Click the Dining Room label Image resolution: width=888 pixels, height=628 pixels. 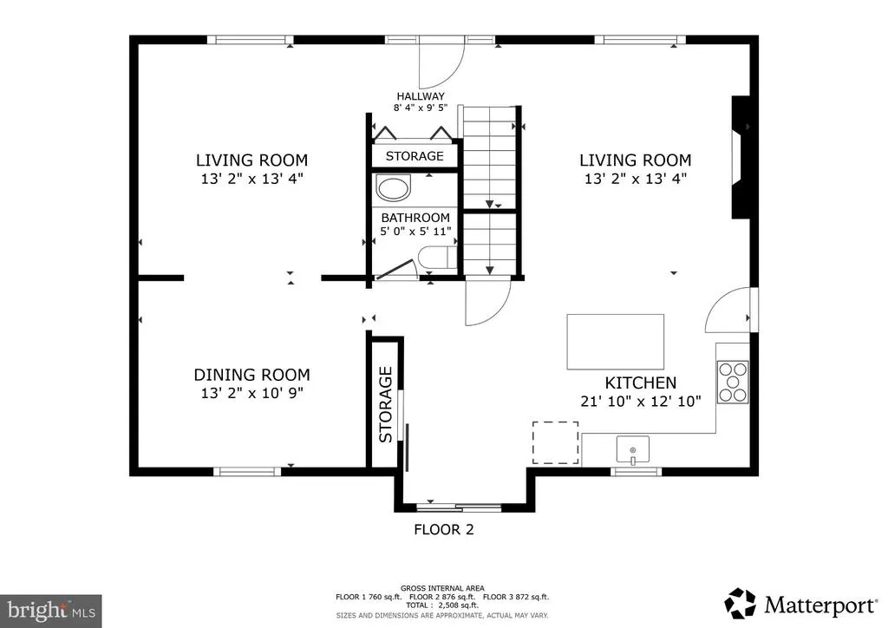pos(252,375)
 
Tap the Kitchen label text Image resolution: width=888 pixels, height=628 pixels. pos(641,383)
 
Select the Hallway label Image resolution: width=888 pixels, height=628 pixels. pos(421,96)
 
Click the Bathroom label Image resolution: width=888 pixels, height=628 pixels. pos(415,218)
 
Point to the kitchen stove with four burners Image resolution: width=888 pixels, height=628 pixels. pos(733,383)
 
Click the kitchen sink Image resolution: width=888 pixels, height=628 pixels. pos(632,449)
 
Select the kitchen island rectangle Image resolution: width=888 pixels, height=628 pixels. pos(616,342)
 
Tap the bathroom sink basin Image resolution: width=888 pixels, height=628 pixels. pos(394,188)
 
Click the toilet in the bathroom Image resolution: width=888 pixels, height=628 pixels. pos(437,258)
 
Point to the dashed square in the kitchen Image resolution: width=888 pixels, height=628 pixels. pos(556,443)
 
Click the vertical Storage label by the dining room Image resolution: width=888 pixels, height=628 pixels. pos(386,404)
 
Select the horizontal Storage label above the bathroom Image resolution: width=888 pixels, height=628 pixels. pos(415,156)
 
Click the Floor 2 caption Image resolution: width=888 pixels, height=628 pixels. pos(444,529)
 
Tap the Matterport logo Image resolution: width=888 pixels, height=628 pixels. pos(800,605)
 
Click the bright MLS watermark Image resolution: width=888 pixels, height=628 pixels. pos(51,611)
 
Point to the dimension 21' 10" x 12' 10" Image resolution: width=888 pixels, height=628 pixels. pos(641,402)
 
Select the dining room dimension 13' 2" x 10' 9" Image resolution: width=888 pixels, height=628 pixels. pos(252,393)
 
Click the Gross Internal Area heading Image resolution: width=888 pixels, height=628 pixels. pos(442,588)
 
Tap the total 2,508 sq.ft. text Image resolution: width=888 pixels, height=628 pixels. pos(442,605)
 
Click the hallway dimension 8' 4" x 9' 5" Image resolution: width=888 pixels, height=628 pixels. pos(421,108)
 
